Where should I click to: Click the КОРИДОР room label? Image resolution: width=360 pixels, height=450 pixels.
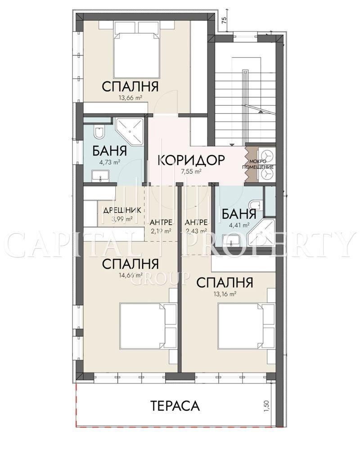(x=191, y=160)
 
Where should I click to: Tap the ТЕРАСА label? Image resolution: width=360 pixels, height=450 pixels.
(x=175, y=406)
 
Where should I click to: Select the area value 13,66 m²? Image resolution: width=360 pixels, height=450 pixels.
(x=130, y=98)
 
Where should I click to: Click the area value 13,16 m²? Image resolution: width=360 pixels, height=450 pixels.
(x=225, y=293)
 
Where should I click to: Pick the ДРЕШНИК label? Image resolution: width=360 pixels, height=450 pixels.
(x=122, y=210)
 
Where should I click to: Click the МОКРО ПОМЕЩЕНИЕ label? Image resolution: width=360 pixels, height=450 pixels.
(x=258, y=164)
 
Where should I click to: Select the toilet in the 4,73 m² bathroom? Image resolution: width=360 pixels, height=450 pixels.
(x=99, y=132)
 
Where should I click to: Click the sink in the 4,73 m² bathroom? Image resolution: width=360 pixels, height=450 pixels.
(x=100, y=175)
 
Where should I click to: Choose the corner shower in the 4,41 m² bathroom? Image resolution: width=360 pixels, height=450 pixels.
(x=262, y=234)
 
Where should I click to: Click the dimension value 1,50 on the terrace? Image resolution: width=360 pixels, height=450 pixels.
(x=266, y=406)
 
